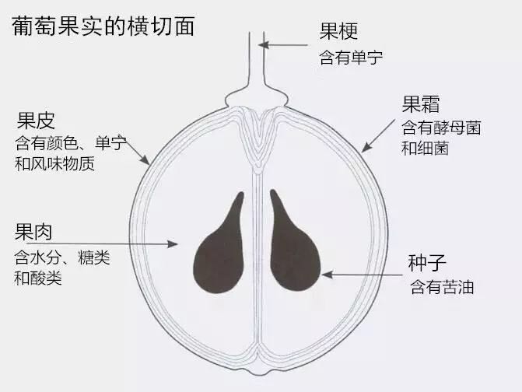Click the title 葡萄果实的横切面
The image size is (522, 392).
103,26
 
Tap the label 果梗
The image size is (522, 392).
339,31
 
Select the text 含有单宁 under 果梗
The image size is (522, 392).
351,58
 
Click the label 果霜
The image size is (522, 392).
421,104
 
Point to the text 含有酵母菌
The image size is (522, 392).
441,128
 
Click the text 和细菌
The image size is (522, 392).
425,148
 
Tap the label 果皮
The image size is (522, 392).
36,121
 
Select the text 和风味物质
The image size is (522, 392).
54,163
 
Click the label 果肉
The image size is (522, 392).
33,232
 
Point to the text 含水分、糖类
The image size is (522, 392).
62,257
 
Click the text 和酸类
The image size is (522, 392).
38,278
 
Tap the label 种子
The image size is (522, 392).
427,263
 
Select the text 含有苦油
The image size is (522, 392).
442,287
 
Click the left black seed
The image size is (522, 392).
219,250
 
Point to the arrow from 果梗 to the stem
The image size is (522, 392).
283,45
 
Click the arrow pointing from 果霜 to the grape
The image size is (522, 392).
379,136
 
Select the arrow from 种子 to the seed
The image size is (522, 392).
362,275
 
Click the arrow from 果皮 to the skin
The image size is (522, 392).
138,152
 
